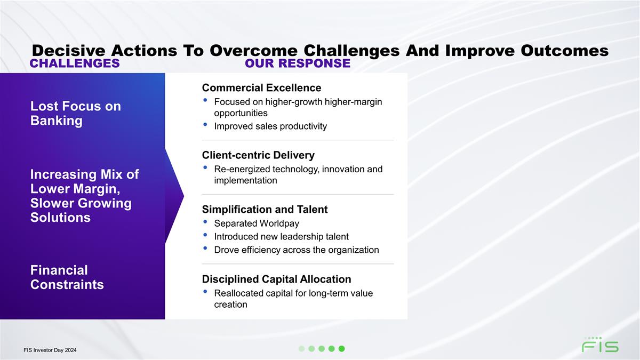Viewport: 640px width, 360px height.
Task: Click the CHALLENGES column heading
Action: (75, 63)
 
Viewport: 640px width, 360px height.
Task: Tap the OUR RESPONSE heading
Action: (298, 63)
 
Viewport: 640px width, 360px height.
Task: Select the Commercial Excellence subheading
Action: (261, 87)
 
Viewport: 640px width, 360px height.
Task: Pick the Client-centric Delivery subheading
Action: (258, 155)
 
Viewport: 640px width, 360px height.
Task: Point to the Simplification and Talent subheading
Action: (265, 210)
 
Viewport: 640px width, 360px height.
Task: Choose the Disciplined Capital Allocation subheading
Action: (277, 279)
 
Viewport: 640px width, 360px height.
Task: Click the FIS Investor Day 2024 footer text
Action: (50, 350)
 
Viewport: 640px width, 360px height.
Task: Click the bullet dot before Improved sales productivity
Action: (205, 125)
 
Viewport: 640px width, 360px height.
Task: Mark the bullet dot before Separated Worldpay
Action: (205, 222)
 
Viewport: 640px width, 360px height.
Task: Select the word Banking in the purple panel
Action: (57, 121)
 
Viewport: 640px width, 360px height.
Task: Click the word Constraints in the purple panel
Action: (67, 285)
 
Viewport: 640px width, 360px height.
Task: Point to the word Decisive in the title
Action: (69, 51)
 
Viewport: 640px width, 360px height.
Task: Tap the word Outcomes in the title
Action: (565, 51)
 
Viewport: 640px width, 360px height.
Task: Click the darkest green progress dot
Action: (341, 349)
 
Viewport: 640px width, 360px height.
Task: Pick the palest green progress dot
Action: (301, 349)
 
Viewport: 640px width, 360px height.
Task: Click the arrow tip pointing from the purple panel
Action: (183, 196)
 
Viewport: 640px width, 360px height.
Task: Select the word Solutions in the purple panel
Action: (60, 218)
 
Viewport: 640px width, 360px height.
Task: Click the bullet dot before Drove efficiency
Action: (205, 249)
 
